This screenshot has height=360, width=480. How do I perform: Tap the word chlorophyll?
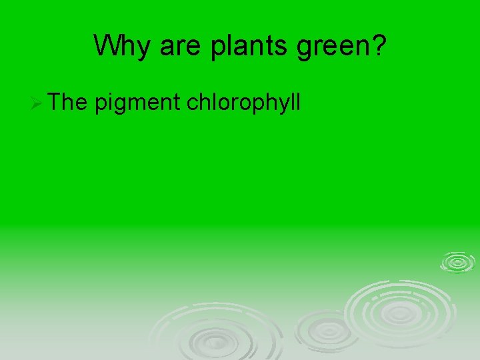click(245, 103)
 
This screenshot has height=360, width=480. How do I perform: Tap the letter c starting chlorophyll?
click(193, 104)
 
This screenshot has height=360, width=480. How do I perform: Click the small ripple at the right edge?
click(457, 262)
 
